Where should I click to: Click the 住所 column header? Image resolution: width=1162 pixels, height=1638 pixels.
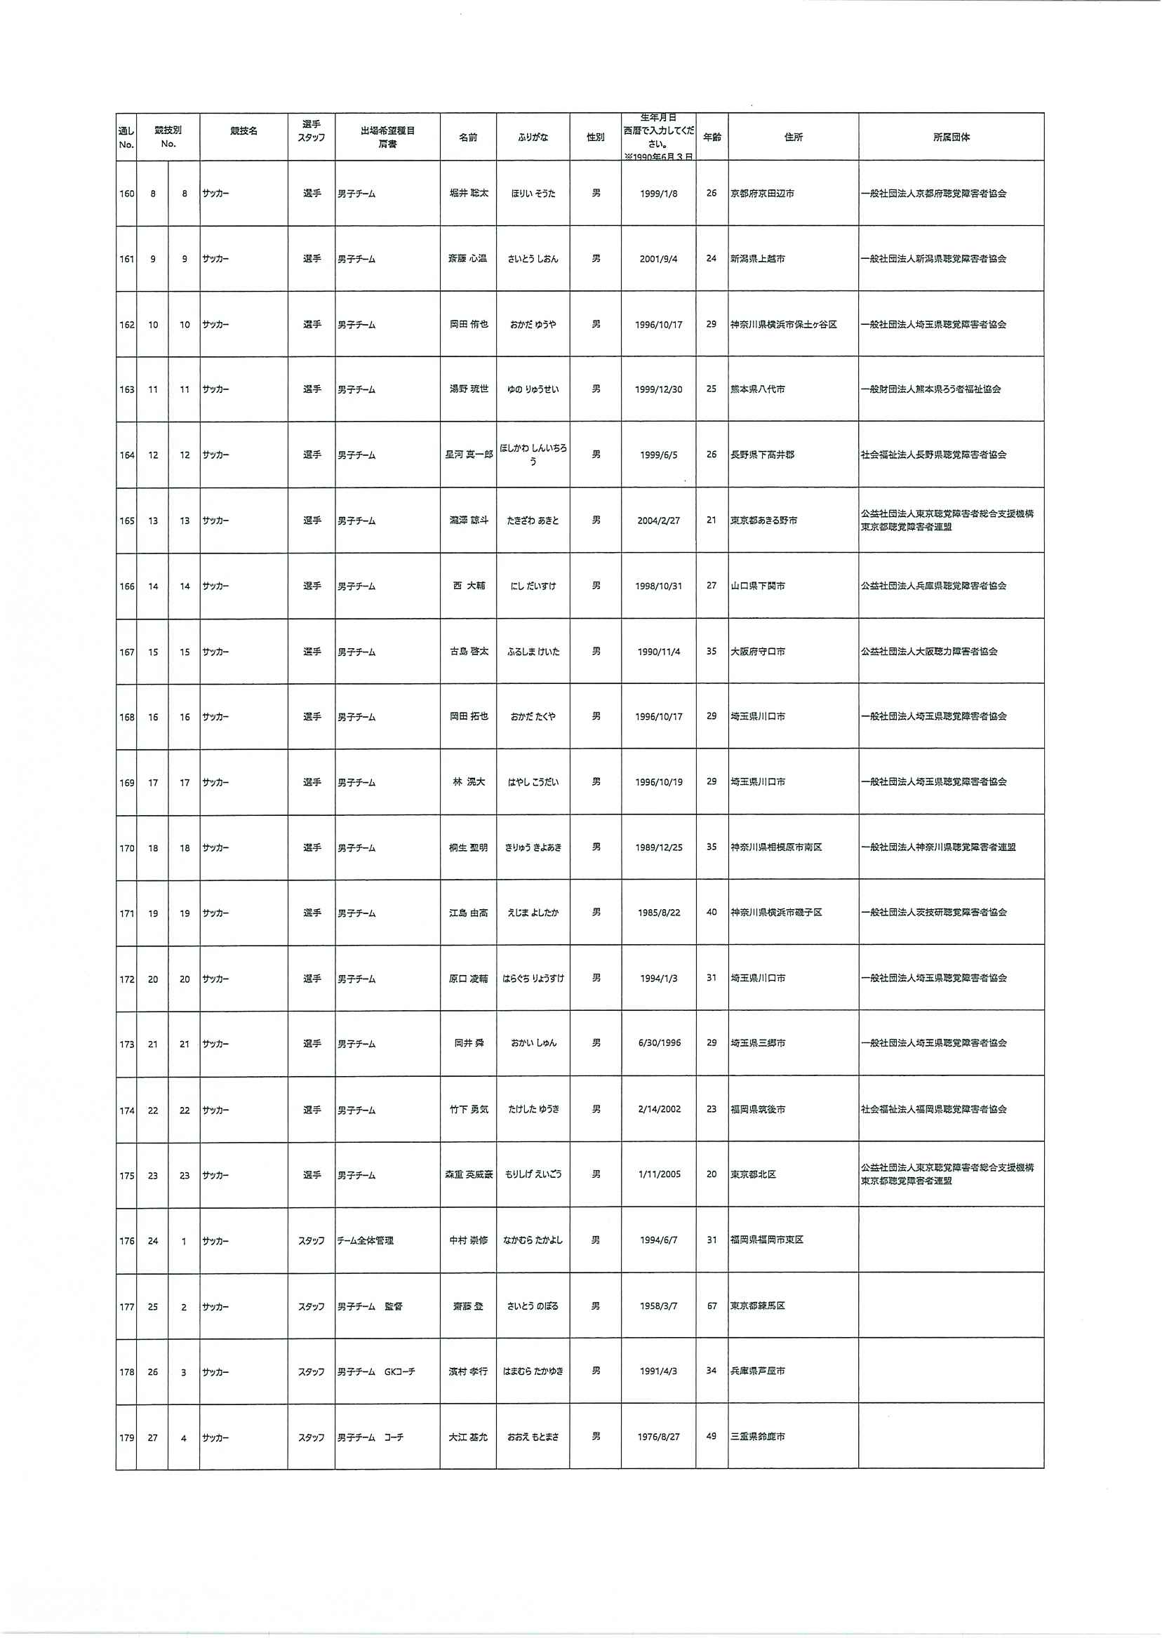coord(793,137)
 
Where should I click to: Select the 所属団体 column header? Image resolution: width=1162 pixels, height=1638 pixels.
coord(951,137)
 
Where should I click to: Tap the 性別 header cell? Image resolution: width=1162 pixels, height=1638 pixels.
coord(595,137)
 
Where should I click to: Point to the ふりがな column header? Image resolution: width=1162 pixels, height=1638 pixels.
coord(533,137)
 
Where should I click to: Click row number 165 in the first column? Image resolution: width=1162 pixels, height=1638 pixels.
coord(126,521)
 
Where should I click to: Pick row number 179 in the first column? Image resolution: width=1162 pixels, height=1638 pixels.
coord(126,1437)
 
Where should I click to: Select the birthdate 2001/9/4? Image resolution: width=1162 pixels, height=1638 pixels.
coord(658,259)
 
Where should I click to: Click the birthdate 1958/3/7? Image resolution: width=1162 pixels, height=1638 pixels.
coord(658,1306)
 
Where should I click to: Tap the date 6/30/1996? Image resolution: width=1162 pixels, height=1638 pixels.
coord(659,1043)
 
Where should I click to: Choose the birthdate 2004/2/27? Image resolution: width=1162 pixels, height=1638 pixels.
coord(658,521)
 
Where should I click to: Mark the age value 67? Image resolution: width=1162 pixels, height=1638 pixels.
coord(712,1306)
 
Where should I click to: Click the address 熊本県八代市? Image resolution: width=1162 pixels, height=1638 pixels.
coord(757,389)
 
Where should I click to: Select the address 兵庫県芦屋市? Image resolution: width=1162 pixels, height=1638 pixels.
coord(757,1371)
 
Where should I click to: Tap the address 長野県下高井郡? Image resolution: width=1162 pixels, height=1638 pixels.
coord(762,455)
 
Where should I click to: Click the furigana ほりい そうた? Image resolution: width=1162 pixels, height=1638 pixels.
coord(533,194)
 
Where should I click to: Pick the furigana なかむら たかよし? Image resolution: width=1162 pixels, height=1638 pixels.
coord(533,1240)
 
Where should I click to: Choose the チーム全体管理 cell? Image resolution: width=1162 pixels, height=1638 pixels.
coord(366,1240)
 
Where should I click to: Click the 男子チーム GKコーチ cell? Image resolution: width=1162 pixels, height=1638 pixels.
coord(376,1372)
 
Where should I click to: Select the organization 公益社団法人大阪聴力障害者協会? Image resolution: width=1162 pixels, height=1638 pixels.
coord(929,652)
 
